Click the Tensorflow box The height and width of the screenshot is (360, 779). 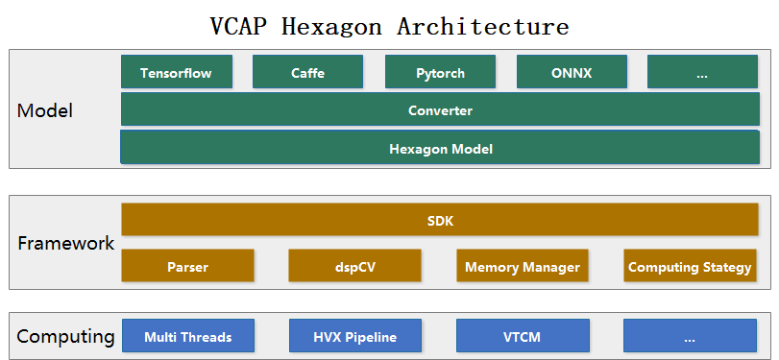click(176, 73)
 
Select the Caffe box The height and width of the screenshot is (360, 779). click(307, 73)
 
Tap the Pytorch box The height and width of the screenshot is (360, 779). click(440, 73)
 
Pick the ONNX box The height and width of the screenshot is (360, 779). click(572, 73)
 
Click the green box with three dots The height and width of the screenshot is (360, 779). click(702, 73)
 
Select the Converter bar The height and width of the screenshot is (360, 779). click(440, 109)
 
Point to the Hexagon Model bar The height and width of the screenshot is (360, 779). click(440, 148)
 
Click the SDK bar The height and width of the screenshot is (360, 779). click(440, 221)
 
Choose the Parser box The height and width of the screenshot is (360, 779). click(187, 266)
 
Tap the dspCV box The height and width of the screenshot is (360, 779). click(354, 266)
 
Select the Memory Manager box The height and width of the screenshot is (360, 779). click(522, 266)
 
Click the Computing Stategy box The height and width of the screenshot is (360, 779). click(690, 266)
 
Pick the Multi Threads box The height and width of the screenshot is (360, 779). click(187, 336)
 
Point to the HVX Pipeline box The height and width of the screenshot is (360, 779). click(354, 336)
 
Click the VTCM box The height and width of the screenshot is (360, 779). click(522, 336)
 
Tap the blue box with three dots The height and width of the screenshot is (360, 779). click(690, 336)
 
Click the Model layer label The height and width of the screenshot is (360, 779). click(45, 110)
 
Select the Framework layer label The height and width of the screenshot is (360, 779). click(66, 243)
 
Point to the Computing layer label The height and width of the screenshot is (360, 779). click(66, 336)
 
